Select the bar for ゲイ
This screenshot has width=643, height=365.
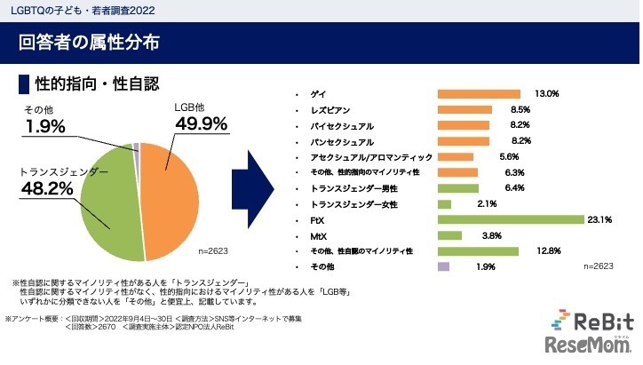point(479,94)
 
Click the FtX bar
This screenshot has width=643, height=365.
point(511,219)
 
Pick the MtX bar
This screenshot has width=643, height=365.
point(450,235)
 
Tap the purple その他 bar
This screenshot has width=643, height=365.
point(444,266)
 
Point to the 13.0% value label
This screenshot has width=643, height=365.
point(546,94)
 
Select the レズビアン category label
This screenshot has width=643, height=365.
point(329,110)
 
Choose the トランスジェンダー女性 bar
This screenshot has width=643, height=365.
point(445,204)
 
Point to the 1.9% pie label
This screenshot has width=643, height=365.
point(44,127)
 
